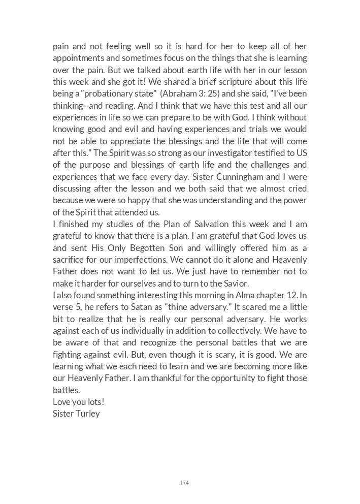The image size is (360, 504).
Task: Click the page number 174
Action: point(184,483)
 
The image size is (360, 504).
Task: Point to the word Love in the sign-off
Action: point(61,401)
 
